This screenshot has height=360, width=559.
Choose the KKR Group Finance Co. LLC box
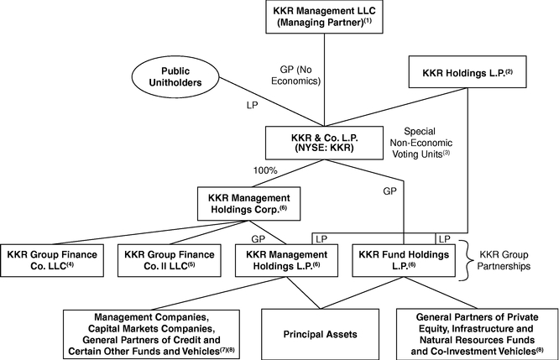click(x=54, y=260)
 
